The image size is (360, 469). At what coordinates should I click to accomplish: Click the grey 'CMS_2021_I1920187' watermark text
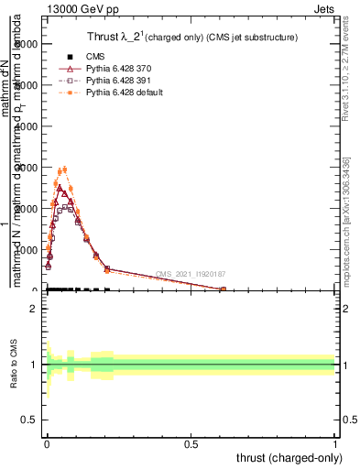point(190,274)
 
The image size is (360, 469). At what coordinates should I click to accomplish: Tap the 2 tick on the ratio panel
point(35,309)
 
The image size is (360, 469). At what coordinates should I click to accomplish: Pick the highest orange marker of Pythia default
point(63,169)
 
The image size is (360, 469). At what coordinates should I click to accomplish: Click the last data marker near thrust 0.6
point(224,289)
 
